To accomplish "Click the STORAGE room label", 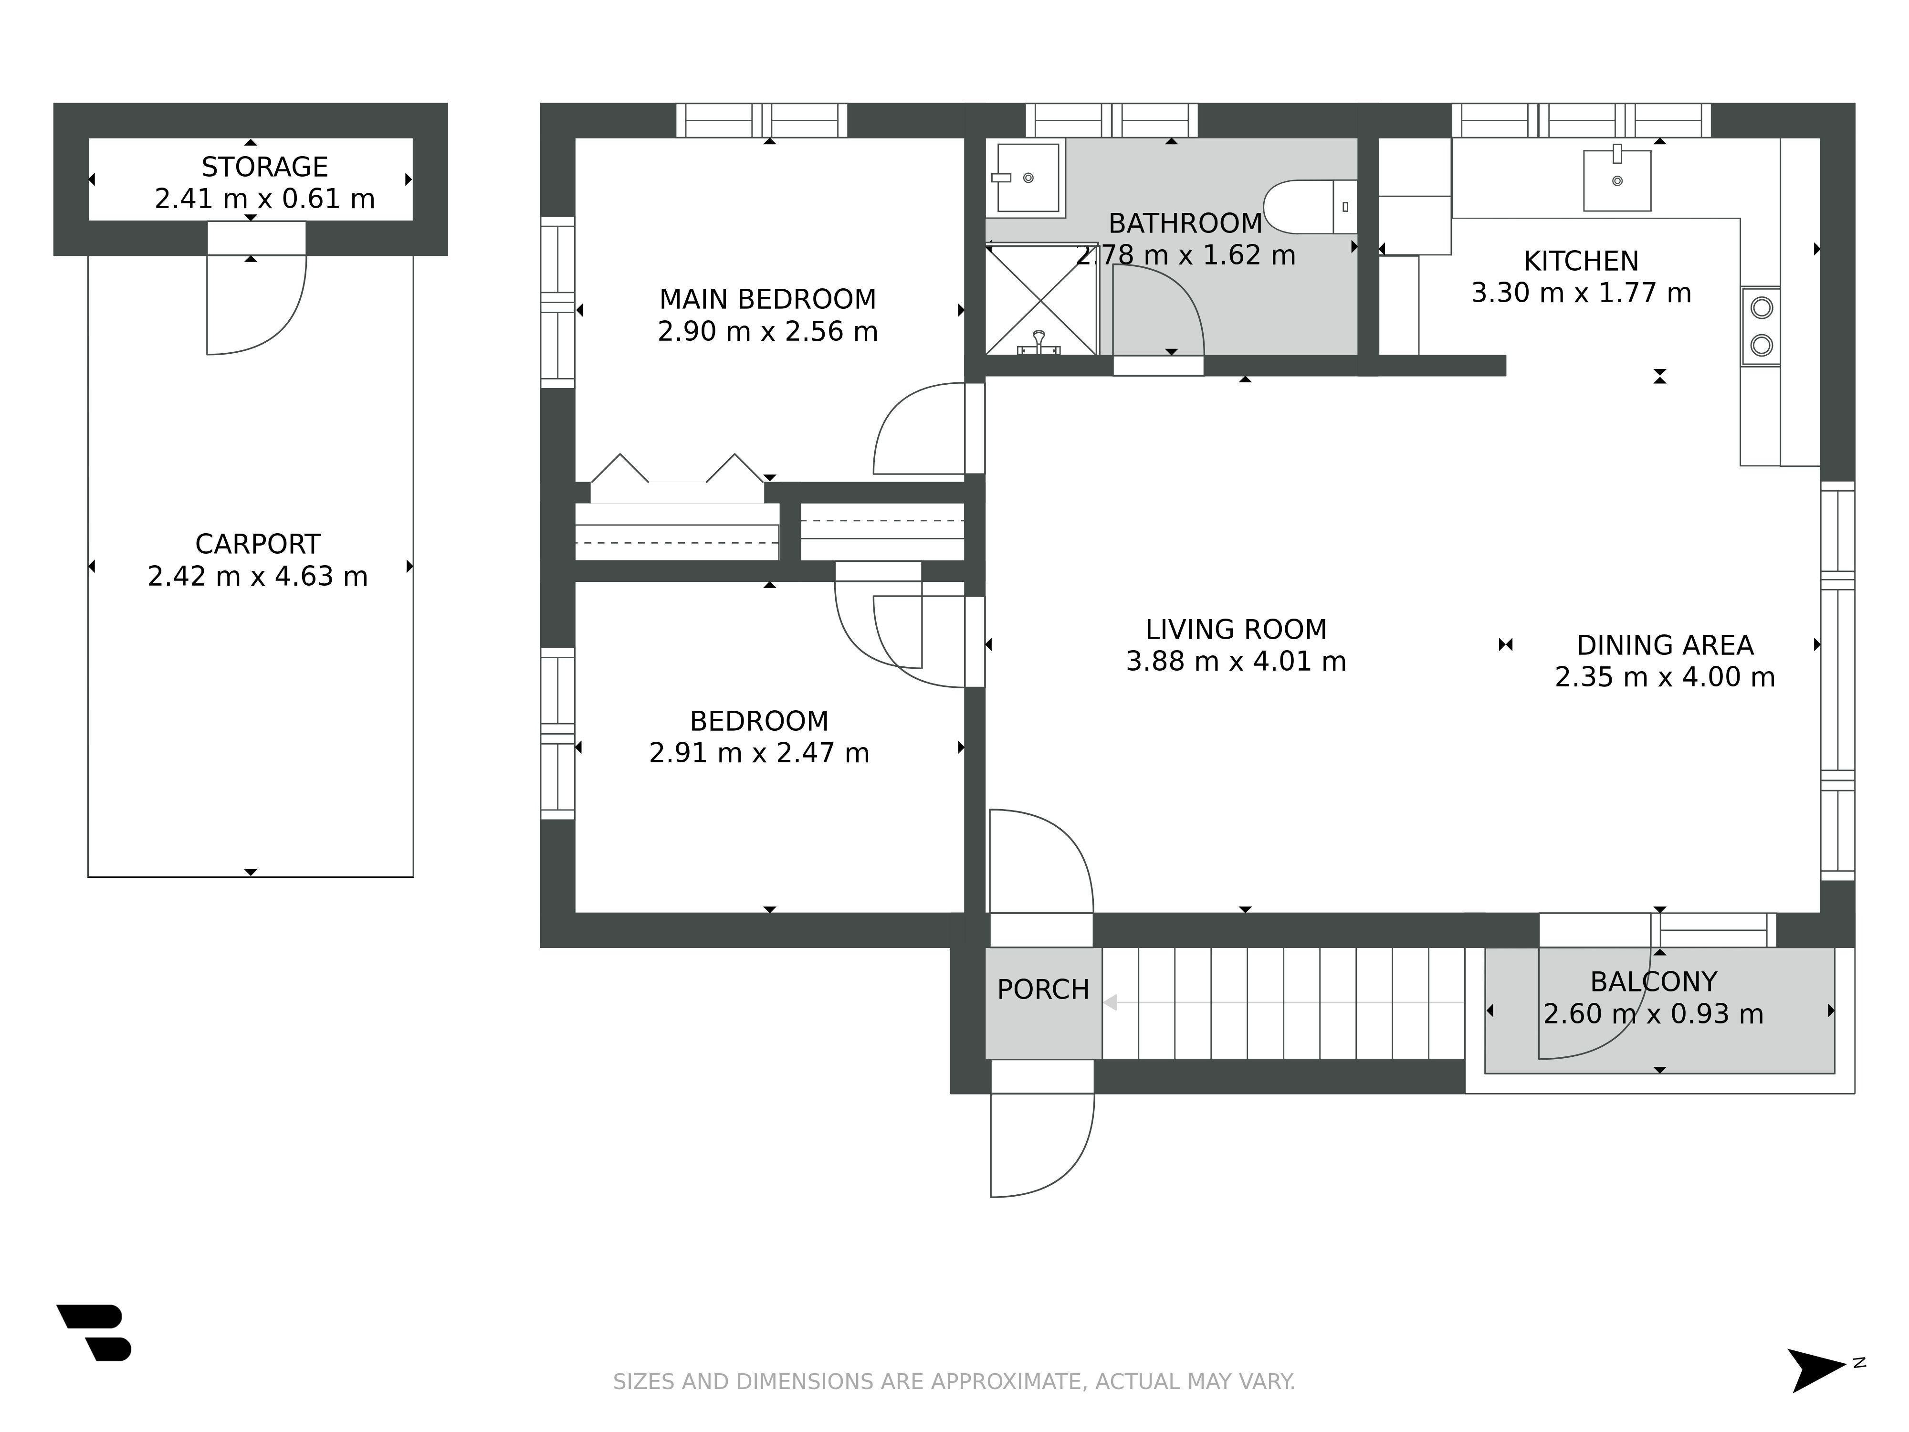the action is [x=265, y=167].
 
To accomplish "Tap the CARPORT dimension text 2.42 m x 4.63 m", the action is [x=258, y=576].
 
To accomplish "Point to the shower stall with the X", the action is [x=1042, y=299].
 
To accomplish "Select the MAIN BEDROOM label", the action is [x=768, y=299].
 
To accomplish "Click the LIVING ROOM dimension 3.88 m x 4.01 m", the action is [x=1236, y=661].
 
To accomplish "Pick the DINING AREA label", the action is [x=1665, y=646].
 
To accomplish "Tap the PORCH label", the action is [x=1043, y=989].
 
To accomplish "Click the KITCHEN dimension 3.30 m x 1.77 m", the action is [x=1581, y=293].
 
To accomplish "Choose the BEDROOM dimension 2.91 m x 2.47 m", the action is [x=759, y=753].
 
